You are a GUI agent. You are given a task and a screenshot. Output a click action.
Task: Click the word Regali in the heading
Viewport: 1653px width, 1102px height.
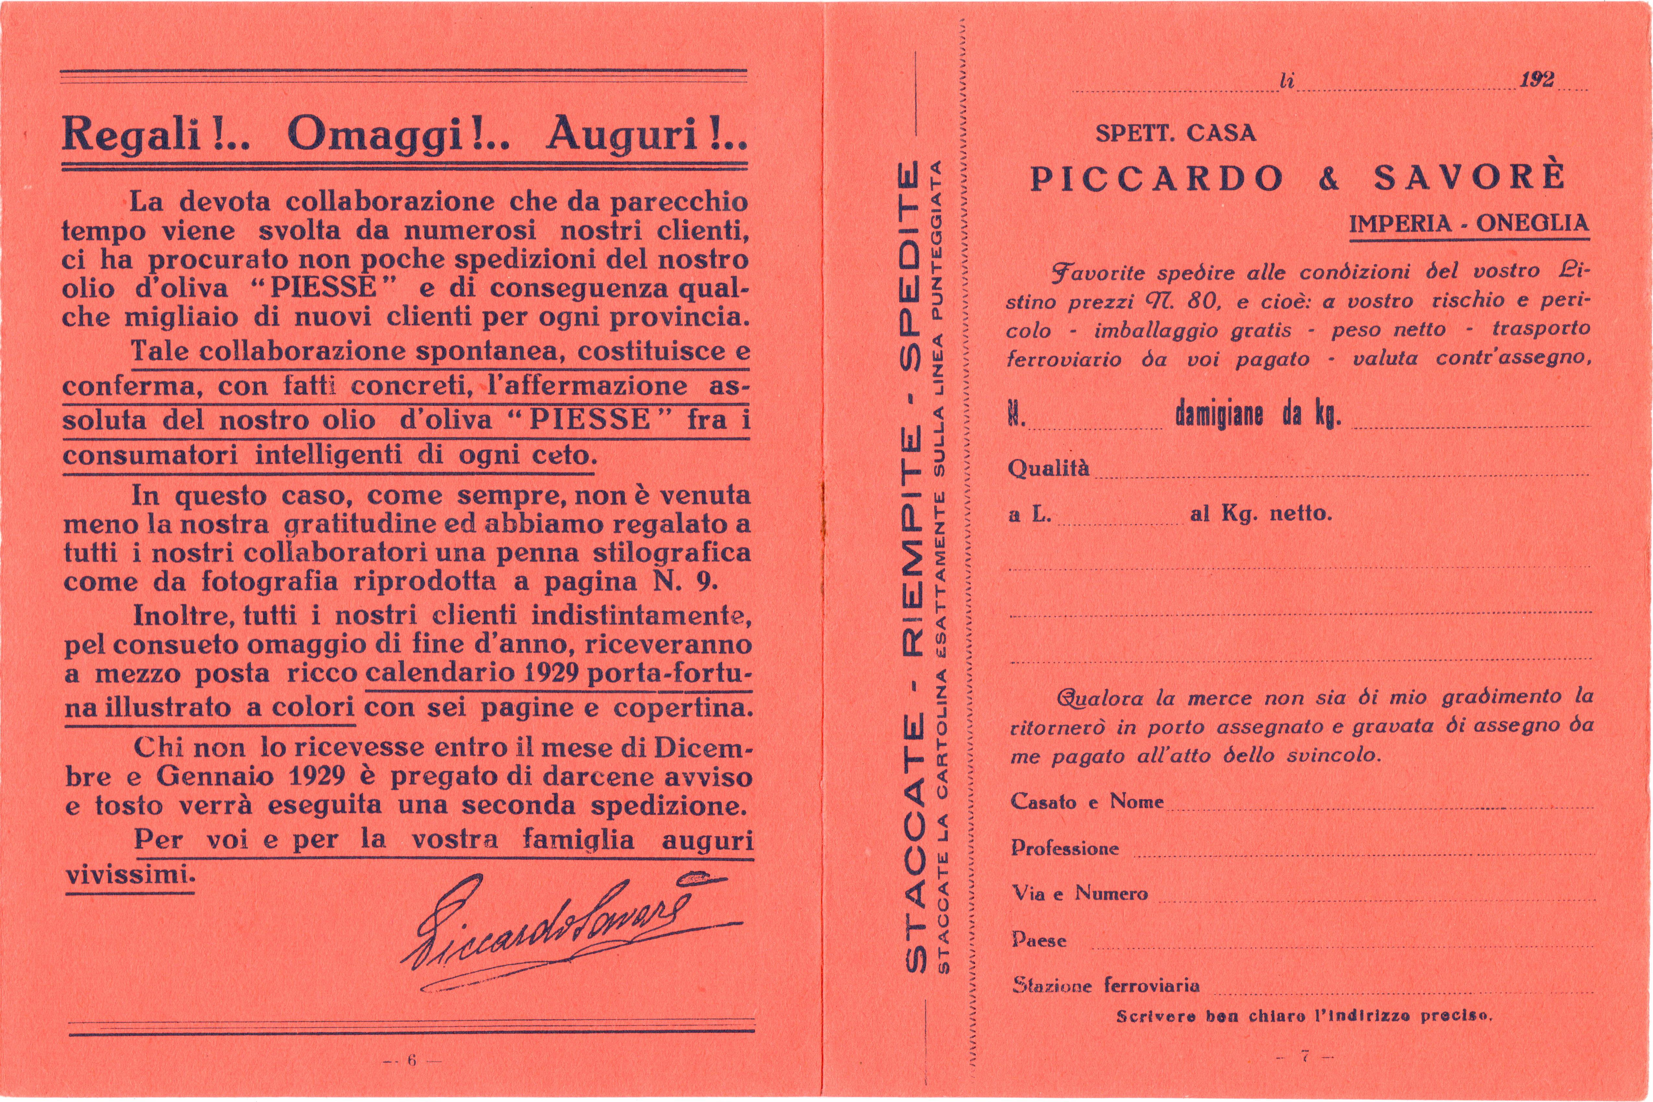[132, 134]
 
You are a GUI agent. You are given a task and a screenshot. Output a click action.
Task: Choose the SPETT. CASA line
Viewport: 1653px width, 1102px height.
[1175, 134]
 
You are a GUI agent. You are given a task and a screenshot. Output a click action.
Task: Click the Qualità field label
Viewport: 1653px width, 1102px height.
[1048, 468]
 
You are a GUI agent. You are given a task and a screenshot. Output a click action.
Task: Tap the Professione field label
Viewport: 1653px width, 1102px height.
[1064, 848]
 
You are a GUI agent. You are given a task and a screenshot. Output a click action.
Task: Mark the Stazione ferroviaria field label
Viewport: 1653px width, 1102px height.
[1105, 985]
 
